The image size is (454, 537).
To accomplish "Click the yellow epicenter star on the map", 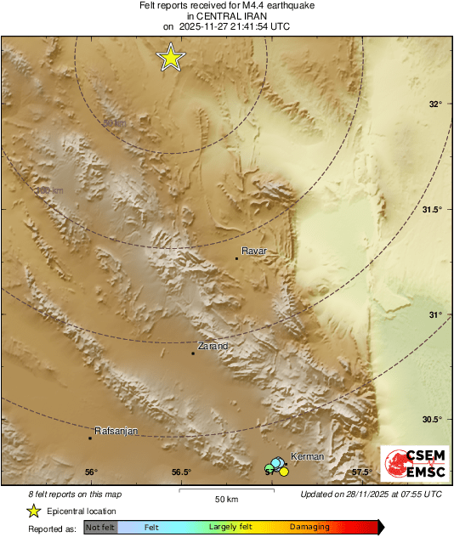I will pyautogui.click(x=171, y=58).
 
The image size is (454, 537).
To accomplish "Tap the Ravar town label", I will pyautogui.click(x=254, y=251).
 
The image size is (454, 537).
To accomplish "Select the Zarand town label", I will pyautogui.click(x=213, y=346).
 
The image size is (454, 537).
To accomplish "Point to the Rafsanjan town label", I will pyautogui.click(x=115, y=431).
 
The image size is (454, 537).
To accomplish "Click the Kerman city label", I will pyautogui.click(x=307, y=457).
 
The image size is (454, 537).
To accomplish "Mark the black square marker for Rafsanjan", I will pyautogui.click(x=90, y=438).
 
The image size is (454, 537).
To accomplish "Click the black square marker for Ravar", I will pyautogui.click(x=236, y=257).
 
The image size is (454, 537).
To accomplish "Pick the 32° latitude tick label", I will pyautogui.click(x=435, y=105).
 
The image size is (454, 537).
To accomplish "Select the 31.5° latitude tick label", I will pyautogui.click(x=433, y=210).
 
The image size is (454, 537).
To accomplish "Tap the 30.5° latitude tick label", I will pyautogui.click(x=433, y=420).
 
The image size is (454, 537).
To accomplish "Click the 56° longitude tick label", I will pyautogui.click(x=91, y=472).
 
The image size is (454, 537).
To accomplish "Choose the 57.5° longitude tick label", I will pyautogui.click(x=362, y=472).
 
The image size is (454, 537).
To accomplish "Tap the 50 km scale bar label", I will pyautogui.click(x=225, y=498).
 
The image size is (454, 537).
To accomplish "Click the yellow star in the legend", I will pyautogui.click(x=34, y=511).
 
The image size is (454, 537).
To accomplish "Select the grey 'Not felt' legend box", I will pyautogui.click(x=100, y=528).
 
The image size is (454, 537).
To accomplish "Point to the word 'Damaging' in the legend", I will pyautogui.click(x=309, y=528).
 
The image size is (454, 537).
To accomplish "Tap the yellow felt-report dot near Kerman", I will pyautogui.click(x=284, y=472).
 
